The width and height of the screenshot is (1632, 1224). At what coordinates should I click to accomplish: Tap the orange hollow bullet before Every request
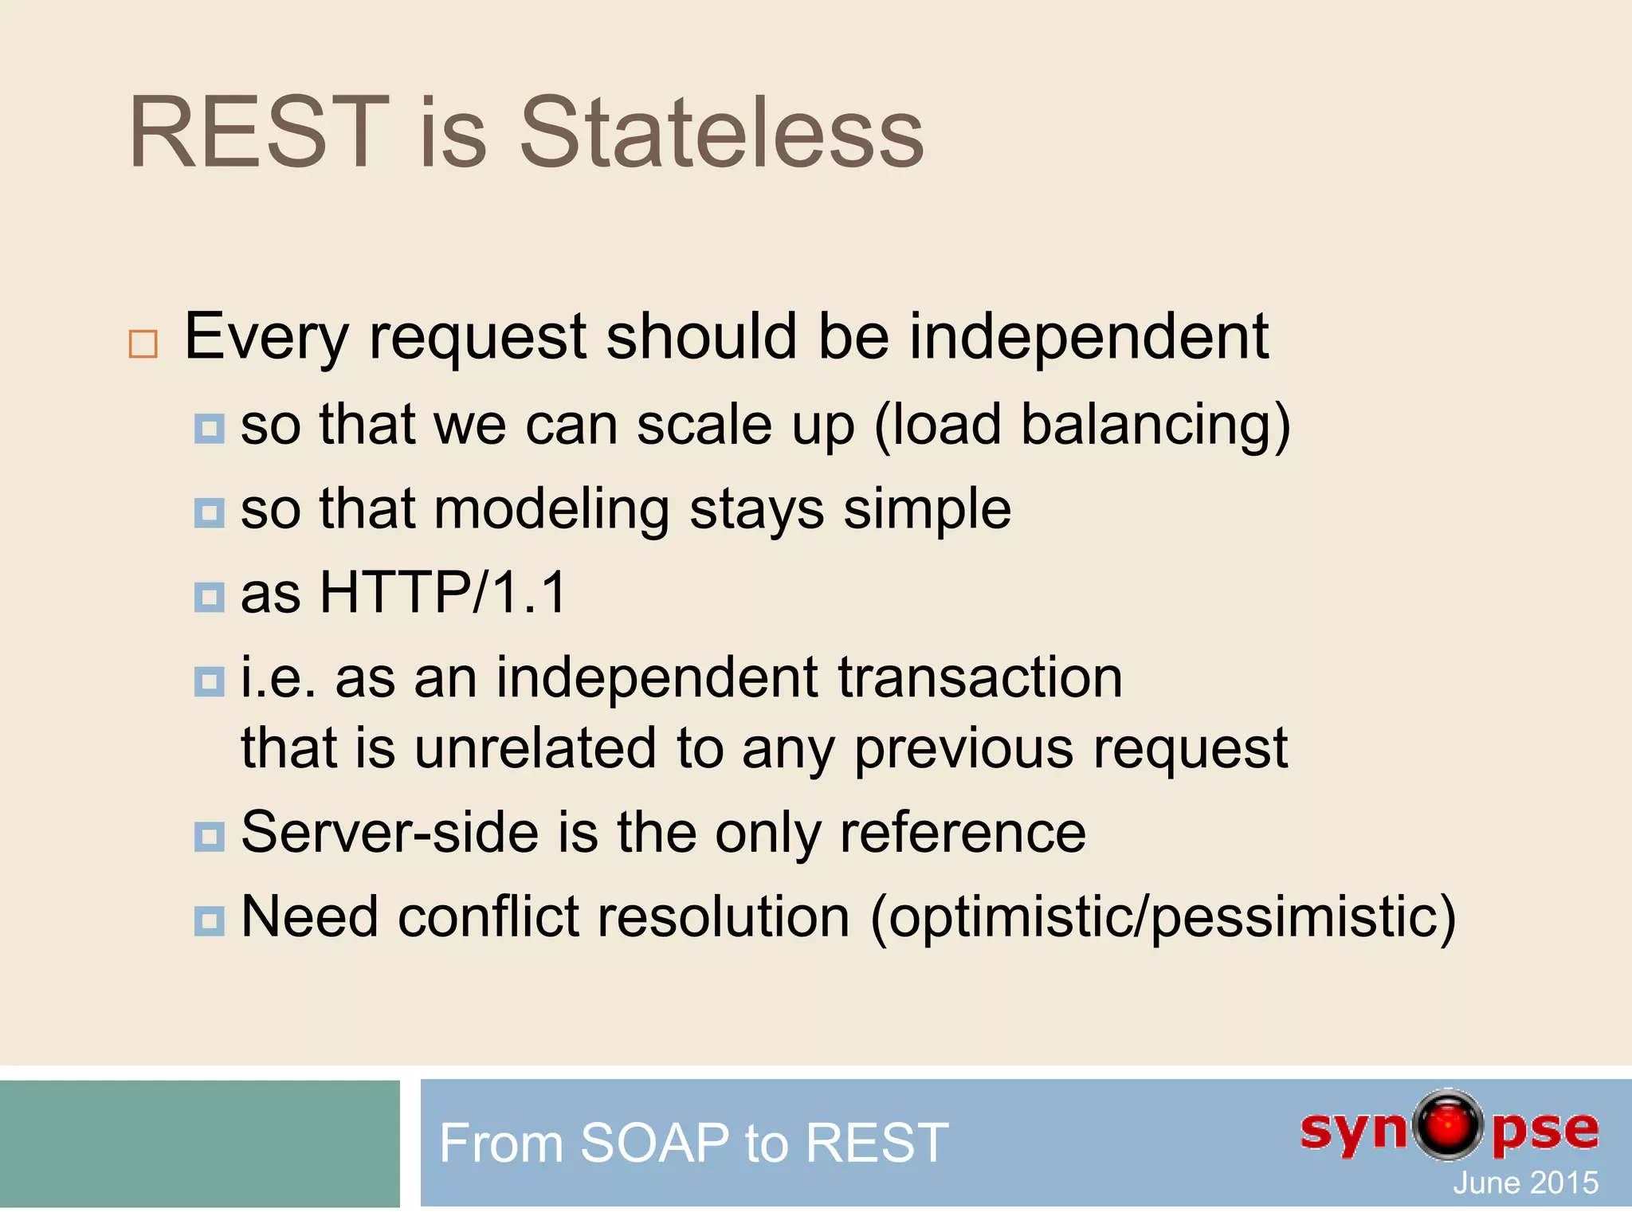point(143,344)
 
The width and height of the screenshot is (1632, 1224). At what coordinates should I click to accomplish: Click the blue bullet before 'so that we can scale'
point(209,429)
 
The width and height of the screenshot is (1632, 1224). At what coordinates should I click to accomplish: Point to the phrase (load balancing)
point(1081,426)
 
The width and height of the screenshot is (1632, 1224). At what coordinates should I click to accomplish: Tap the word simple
point(927,510)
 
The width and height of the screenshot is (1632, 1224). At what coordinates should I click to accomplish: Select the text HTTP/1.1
point(443,593)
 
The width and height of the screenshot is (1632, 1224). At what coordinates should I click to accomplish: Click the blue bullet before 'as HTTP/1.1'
point(209,597)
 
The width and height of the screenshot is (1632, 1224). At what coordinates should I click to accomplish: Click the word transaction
point(979,678)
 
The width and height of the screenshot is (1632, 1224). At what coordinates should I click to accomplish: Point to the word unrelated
point(535,748)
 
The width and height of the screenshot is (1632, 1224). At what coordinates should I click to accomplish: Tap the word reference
point(963,833)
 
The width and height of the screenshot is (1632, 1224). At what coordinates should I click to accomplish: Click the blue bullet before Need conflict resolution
point(209,921)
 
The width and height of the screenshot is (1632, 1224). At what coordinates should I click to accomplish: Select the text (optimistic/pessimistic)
point(1163,918)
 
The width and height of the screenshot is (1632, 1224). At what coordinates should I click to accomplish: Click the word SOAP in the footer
point(654,1143)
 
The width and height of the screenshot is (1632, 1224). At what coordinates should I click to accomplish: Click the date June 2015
point(1525,1183)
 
